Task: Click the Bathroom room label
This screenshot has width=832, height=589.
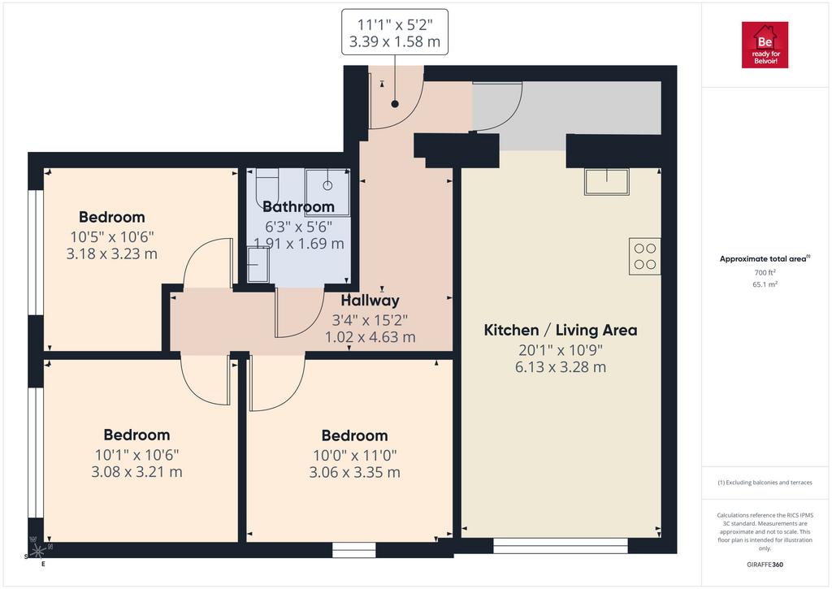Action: (x=298, y=206)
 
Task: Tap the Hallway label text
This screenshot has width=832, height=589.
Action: (x=370, y=301)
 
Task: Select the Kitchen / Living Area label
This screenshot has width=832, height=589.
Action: (x=561, y=330)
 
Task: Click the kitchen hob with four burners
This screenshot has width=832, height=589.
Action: (x=644, y=256)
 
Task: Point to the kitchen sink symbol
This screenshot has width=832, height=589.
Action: (x=606, y=182)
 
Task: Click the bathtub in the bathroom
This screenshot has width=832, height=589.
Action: (x=266, y=190)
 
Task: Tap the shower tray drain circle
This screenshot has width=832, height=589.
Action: (x=328, y=185)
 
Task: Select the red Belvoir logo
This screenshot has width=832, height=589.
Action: (x=765, y=45)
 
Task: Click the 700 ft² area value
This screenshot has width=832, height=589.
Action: (x=765, y=272)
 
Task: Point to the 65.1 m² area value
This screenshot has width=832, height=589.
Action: (x=765, y=284)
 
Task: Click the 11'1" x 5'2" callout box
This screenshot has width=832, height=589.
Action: (x=395, y=32)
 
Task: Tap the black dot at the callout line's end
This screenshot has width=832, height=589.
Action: (x=395, y=104)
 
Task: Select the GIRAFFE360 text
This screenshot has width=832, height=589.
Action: (x=765, y=565)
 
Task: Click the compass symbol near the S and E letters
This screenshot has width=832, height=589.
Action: (x=37, y=550)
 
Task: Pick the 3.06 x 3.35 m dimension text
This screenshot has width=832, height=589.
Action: (x=354, y=472)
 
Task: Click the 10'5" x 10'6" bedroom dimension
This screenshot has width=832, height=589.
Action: (x=112, y=236)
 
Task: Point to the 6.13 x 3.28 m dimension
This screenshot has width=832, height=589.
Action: (x=561, y=367)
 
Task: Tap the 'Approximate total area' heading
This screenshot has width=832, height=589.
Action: (x=765, y=259)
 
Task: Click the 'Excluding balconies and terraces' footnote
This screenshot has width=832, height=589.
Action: (x=765, y=483)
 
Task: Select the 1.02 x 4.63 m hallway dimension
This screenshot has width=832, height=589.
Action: (x=370, y=337)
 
